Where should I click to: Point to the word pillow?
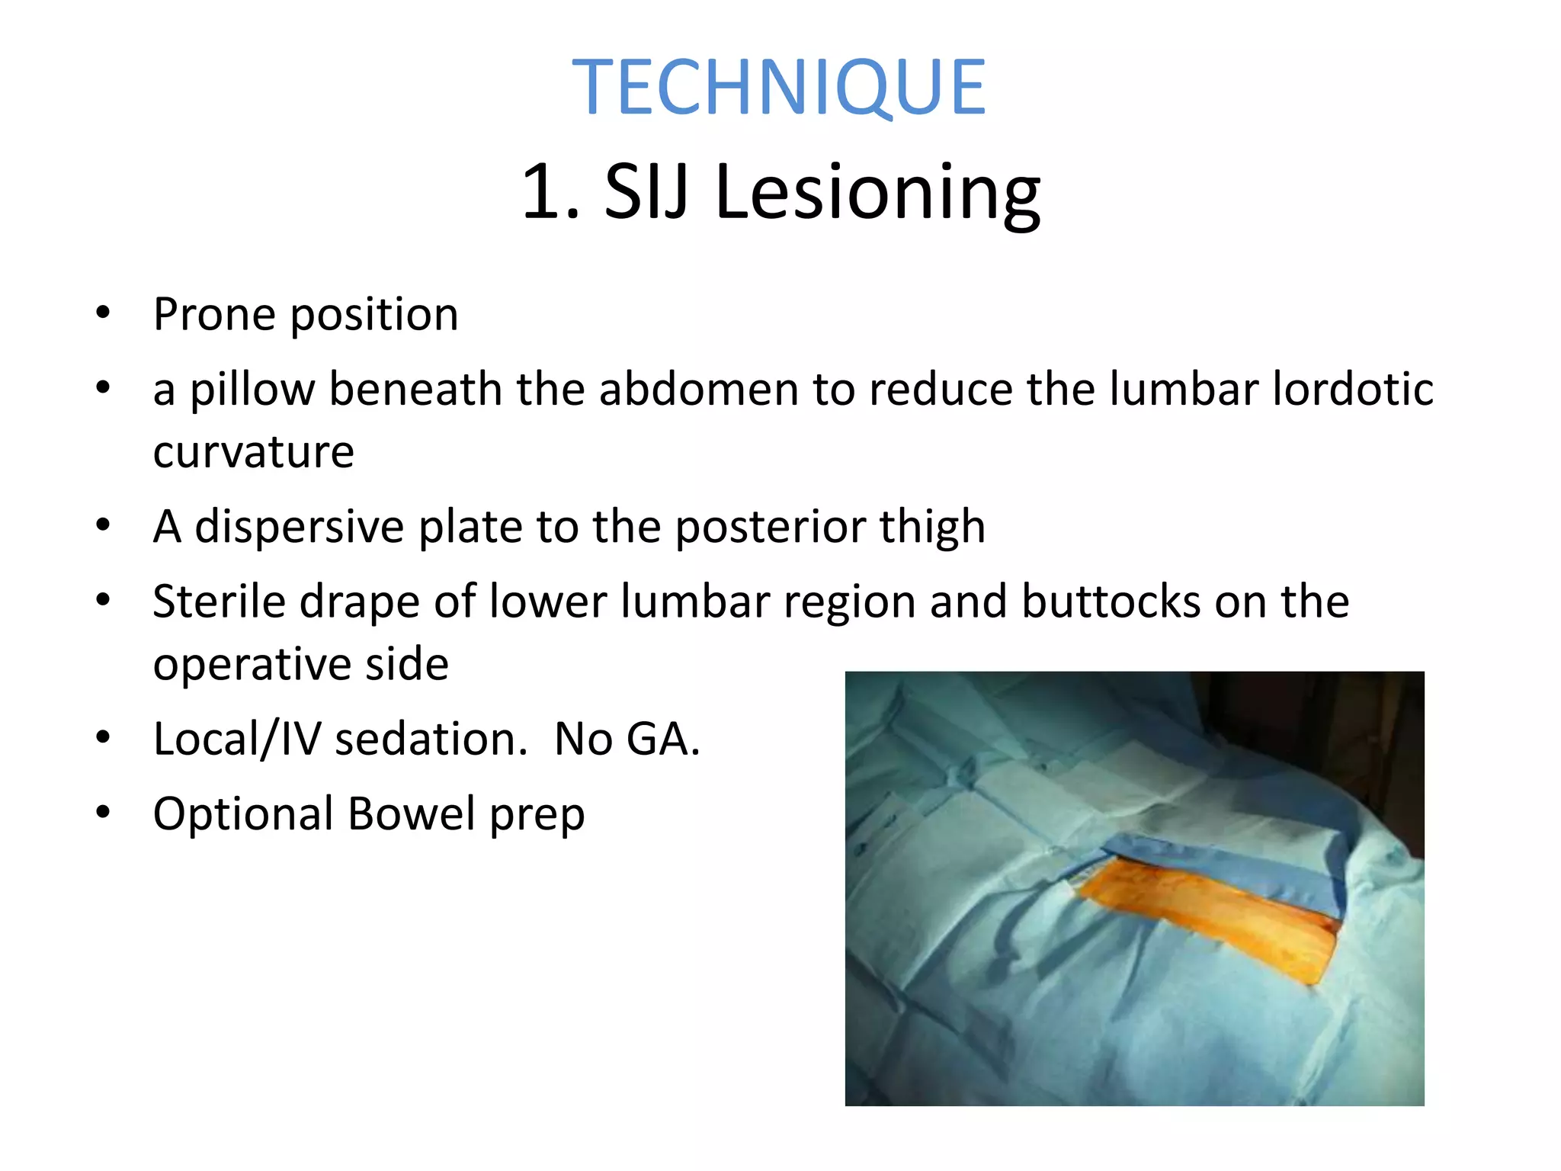point(252,390)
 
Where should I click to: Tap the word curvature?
point(253,452)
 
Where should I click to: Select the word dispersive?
point(300,526)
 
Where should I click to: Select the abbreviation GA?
point(662,739)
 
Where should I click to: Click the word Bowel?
point(412,813)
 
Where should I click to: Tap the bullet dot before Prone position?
point(103,313)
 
